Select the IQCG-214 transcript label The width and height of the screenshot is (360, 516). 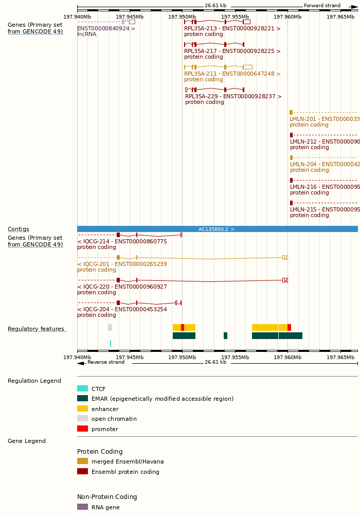(122, 242)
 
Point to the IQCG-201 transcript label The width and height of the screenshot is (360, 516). (122, 264)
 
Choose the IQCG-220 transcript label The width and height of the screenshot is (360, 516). (122, 287)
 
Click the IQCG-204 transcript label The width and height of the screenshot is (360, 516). (122, 310)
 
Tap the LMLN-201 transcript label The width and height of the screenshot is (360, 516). (324, 119)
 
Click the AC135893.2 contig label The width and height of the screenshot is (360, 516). (217, 229)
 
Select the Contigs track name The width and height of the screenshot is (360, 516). (19, 229)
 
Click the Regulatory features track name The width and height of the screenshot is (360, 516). (36, 329)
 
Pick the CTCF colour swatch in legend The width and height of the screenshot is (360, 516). (82, 389)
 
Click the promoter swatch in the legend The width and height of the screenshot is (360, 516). (82, 429)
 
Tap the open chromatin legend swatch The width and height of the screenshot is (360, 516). (82, 419)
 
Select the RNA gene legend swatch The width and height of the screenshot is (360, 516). (82, 507)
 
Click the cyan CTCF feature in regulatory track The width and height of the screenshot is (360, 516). (110, 344)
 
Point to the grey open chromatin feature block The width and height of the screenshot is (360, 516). (110, 328)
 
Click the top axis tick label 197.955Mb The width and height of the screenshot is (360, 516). (235, 16)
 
